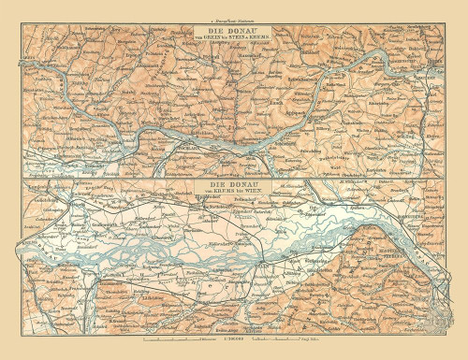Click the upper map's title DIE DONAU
tap(233, 28)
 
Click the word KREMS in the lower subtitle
tap(228, 194)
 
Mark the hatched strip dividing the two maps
tap(233, 179)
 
